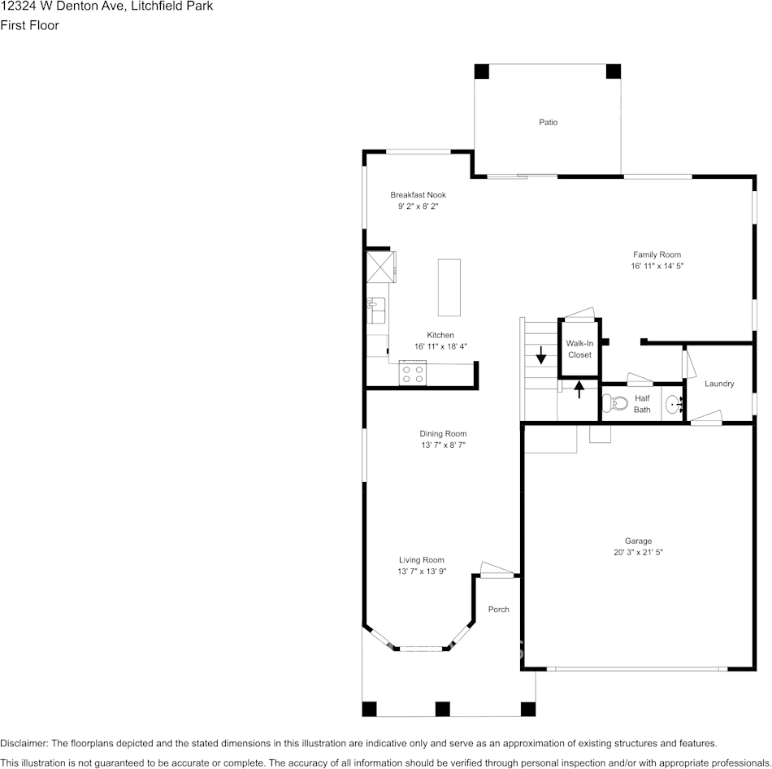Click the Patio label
click(x=548, y=123)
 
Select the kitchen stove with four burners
click(x=413, y=374)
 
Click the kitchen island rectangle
click(x=449, y=287)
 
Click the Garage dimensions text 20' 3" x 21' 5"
click(x=638, y=552)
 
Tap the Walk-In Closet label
click(x=579, y=349)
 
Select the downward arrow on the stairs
click(x=541, y=356)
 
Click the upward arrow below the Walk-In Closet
click(x=579, y=389)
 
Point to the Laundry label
click(x=719, y=384)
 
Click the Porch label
click(x=498, y=610)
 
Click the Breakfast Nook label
click(x=418, y=195)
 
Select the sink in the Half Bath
click(x=673, y=402)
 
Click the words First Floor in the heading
click(x=29, y=25)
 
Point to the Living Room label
click(x=421, y=559)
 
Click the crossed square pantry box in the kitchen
click(x=380, y=266)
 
